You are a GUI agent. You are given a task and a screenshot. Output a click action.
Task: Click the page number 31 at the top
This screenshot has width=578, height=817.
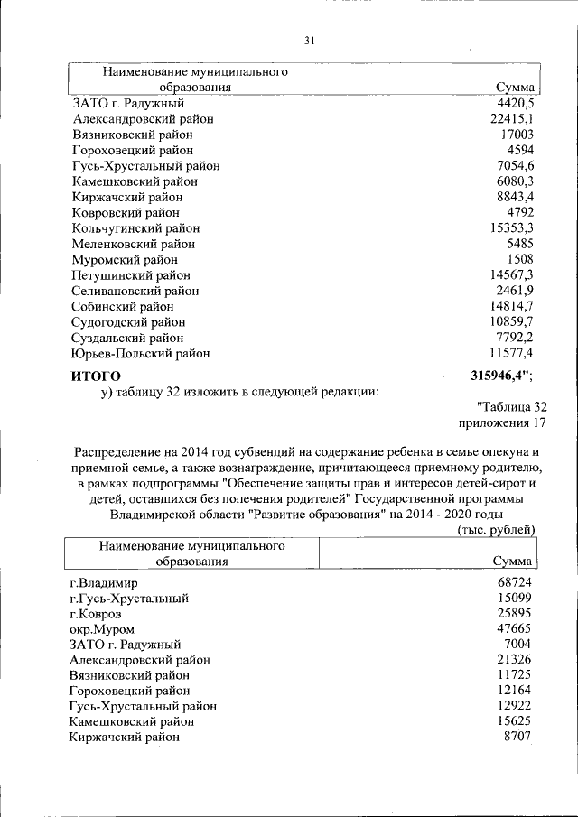click(308, 40)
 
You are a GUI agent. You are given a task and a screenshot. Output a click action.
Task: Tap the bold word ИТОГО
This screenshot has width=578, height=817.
click(96, 375)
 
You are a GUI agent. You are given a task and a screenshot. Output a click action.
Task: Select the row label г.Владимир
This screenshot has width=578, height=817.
click(104, 582)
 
